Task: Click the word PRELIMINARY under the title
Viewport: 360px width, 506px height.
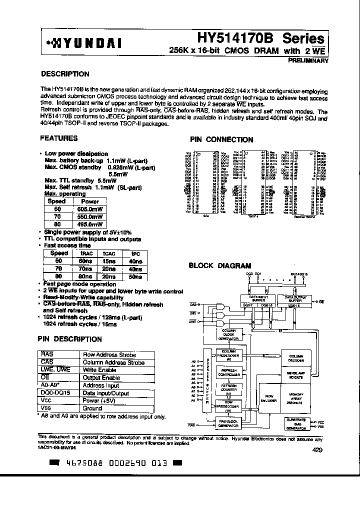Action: pos(308,60)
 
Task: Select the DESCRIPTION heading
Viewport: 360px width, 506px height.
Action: pos(64,74)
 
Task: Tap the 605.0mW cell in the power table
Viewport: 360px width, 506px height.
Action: pos(90,209)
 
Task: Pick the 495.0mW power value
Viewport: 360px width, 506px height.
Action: pos(90,224)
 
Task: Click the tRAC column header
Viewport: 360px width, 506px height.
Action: pos(84,253)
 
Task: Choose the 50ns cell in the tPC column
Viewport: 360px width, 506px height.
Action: pos(134,276)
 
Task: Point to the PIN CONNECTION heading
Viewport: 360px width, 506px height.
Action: pos(221,140)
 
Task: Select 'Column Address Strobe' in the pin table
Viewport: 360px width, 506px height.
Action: pos(113,362)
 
